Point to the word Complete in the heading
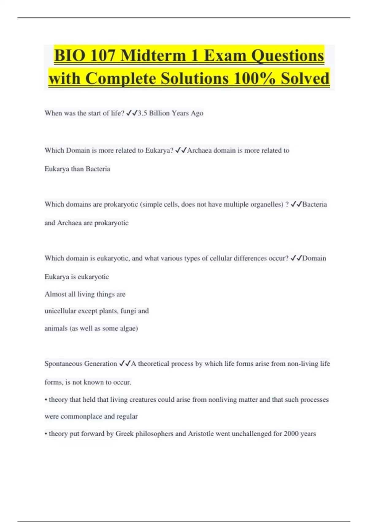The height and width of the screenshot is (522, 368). click(121, 78)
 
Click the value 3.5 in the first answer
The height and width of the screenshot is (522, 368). click(142, 113)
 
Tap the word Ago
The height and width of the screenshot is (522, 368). click(197, 113)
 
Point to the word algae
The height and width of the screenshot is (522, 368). click(128, 328)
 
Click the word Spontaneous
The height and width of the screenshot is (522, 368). click(63, 364)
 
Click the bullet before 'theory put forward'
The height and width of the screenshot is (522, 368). click(46, 434)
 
